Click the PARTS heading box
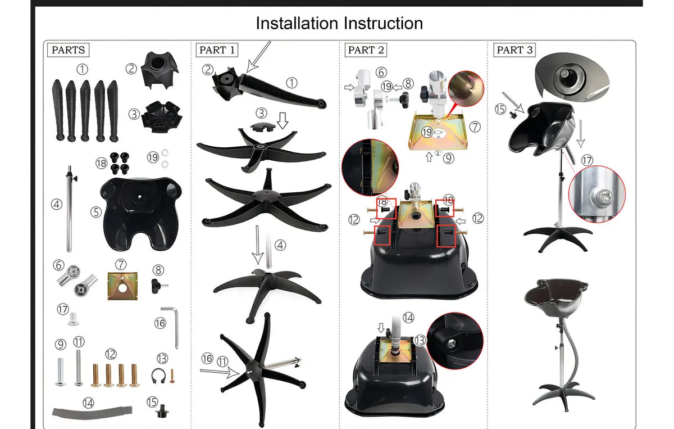[x=69, y=50]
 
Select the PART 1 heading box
[x=217, y=50]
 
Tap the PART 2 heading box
[x=366, y=50]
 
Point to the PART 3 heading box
[x=514, y=50]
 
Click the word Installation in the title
[x=297, y=23]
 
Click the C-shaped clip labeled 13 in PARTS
[x=158, y=376]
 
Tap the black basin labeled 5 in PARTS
[x=141, y=214]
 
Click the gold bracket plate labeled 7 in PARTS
[x=122, y=286]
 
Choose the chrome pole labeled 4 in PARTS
[x=70, y=209]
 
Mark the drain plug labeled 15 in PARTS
[x=162, y=411]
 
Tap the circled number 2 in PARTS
[x=131, y=69]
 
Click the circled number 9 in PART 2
[x=448, y=158]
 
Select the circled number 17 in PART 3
[x=587, y=160]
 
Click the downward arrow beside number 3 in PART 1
[x=283, y=120]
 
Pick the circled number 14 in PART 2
[x=408, y=318]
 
